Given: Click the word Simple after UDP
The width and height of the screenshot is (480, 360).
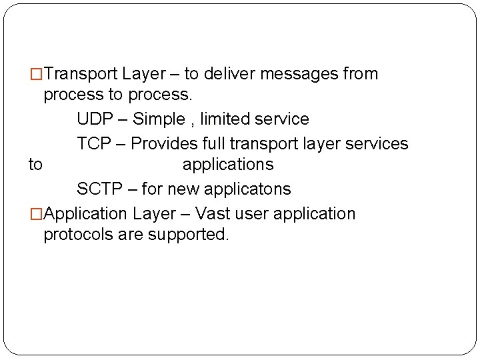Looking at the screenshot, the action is pos(159,119).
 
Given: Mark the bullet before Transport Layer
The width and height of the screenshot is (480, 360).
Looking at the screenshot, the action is pos(37,74).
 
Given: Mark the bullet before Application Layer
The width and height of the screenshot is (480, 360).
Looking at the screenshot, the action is pos(37,214).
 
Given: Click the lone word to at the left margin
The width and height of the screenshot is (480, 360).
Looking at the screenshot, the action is pos(35,164).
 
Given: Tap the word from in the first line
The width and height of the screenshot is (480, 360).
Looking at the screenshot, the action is pos(361,74).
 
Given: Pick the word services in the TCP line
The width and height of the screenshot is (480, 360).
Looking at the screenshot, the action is pos(378,143).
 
